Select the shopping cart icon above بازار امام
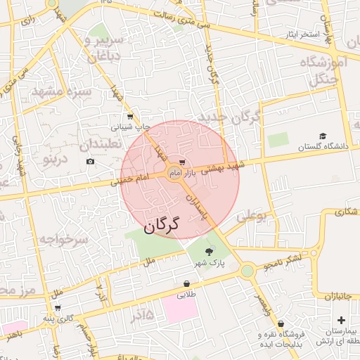coord(183,162)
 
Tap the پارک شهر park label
coord(210,264)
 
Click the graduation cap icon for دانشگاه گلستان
coord(323,136)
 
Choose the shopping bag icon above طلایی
coord(186,284)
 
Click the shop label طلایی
coord(186,295)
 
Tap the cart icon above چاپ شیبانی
coord(130,117)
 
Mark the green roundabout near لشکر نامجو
coord(247,271)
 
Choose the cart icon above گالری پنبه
coord(57,308)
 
